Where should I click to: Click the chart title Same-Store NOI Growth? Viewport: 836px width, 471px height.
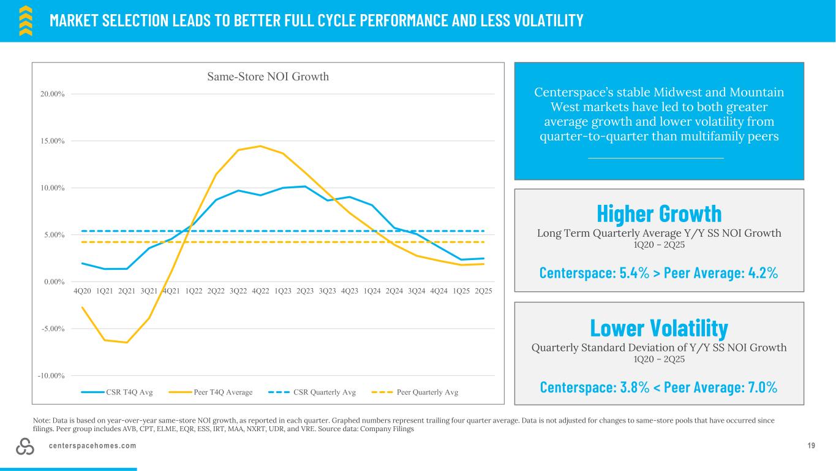pyautogui.click(x=268, y=77)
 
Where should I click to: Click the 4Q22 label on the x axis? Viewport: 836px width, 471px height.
pyautogui.click(x=260, y=290)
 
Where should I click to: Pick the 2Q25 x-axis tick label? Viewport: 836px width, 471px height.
pyautogui.click(x=483, y=290)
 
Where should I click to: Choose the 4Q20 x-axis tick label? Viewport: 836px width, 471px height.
pyautogui.click(x=82, y=290)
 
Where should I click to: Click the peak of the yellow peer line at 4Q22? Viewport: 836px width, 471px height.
pyautogui.click(x=260, y=146)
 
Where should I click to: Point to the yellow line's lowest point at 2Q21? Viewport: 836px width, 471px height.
pyautogui.click(x=127, y=342)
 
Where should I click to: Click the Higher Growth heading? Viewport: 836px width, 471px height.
pyautogui.click(x=659, y=213)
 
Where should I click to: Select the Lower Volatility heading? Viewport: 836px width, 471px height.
pyautogui.click(x=659, y=327)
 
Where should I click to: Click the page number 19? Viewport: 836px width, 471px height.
pyautogui.click(x=812, y=446)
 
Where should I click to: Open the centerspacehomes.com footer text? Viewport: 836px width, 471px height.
pyautogui.click(x=93, y=446)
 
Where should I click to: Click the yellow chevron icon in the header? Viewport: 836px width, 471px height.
pyautogui.click(x=26, y=21)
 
